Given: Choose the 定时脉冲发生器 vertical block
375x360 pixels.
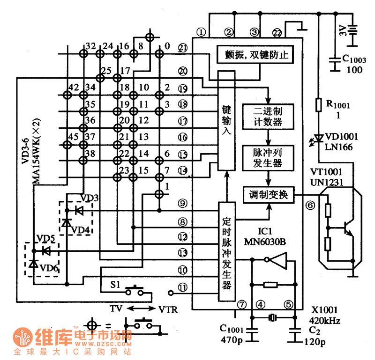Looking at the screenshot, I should tap(226, 251).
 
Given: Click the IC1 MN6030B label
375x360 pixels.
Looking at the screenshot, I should tap(265, 236).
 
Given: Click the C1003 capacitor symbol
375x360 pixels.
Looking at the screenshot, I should tap(335, 62).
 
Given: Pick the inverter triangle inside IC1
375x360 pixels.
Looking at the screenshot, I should tap(279, 260).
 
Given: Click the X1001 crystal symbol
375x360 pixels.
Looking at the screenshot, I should tap(273, 318).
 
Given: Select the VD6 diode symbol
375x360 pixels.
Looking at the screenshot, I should tap(33, 264).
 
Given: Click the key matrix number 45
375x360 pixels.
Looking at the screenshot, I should tap(73, 137).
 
